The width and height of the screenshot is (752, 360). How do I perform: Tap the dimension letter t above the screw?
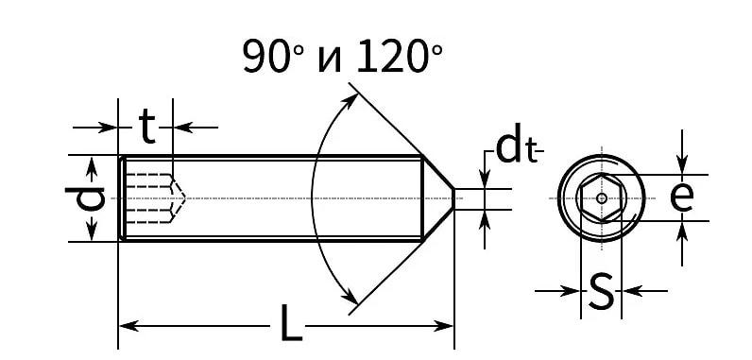(147, 127)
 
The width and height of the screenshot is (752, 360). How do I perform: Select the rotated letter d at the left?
(85, 198)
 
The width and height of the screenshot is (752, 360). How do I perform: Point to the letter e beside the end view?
(681, 197)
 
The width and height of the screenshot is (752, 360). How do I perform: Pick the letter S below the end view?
(601, 290)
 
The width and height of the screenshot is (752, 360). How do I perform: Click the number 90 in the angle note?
(266, 57)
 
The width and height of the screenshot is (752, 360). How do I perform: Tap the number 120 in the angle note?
(391, 57)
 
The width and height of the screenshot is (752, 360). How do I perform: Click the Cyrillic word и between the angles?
(330, 60)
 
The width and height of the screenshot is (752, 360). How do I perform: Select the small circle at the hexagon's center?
(602, 198)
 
